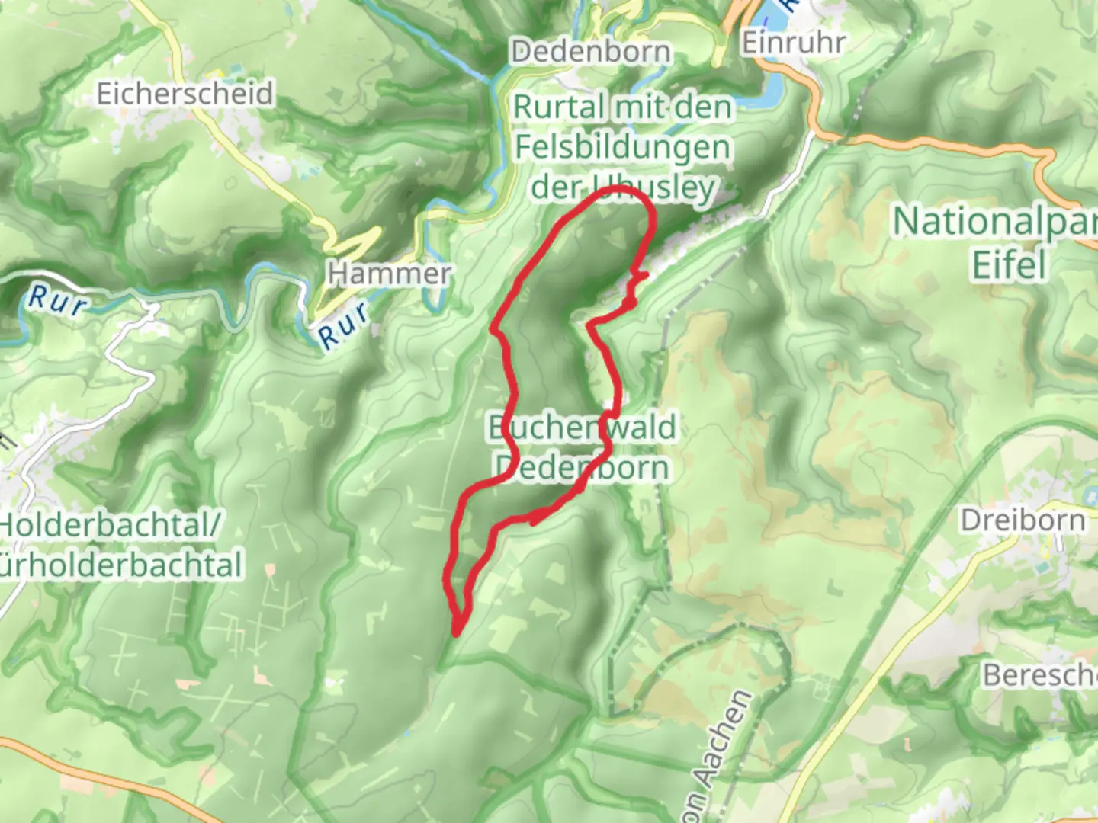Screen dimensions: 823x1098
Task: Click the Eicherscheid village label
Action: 185,94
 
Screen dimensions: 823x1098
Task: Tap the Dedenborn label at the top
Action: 592,52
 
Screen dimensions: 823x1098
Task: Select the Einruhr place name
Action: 794,43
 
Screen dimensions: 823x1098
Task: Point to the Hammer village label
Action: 389,273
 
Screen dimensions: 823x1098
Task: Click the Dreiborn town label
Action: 1022,520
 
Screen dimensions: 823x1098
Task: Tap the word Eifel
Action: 1008,264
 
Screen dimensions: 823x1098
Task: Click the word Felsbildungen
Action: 622,147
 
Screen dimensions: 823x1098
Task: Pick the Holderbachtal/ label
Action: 111,524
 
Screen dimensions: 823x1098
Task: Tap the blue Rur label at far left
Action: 56,301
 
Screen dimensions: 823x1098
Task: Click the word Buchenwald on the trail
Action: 582,428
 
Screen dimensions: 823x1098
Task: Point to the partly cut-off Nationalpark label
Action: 995,222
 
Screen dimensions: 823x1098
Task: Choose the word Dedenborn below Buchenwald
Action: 582,466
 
